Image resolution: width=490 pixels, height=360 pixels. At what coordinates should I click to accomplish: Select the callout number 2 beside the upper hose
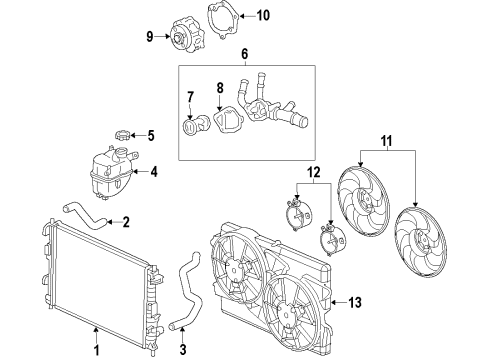pos(127,222)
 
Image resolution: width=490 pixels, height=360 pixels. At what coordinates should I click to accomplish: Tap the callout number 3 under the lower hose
pos(183,350)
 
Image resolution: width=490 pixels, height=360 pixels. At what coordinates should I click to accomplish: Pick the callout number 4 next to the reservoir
pos(153,171)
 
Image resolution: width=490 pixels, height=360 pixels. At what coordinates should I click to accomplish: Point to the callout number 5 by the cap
pos(150,135)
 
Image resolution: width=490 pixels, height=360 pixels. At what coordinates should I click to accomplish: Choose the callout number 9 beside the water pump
pos(150,38)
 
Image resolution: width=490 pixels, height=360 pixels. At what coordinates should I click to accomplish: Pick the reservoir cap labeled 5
pos(123,135)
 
